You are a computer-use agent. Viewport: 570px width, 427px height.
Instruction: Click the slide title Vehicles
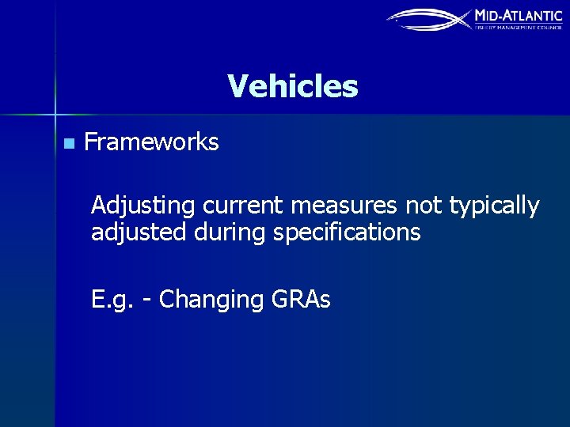(x=292, y=86)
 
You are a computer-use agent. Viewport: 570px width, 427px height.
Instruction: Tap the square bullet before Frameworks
(x=68, y=144)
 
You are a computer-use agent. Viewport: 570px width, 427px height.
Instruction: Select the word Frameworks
(x=151, y=142)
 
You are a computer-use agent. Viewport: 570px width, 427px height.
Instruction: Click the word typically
(x=494, y=206)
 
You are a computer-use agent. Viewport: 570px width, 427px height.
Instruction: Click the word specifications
(x=342, y=233)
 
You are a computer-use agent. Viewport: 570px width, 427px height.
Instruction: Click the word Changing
(x=211, y=300)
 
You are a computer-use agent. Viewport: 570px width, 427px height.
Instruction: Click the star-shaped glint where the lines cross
(x=55, y=113)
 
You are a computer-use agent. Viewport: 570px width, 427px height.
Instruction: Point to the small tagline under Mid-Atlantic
(x=518, y=27)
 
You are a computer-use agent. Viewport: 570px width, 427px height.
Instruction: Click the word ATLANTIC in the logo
(x=532, y=15)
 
